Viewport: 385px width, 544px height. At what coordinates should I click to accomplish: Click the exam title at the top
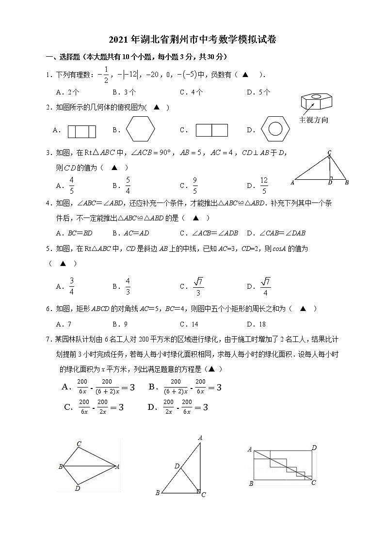pyautogui.click(x=192, y=40)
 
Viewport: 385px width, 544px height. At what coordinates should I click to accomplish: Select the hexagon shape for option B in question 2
pyautogui.click(x=140, y=130)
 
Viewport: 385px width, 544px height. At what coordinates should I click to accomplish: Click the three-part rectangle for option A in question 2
pyautogui.click(x=81, y=131)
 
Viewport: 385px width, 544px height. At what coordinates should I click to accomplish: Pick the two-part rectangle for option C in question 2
pyautogui.click(x=211, y=130)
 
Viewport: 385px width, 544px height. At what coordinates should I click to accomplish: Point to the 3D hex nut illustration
pyautogui.click(x=315, y=103)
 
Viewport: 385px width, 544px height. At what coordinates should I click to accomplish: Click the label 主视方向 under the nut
pyautogui.click(x=314, y=120)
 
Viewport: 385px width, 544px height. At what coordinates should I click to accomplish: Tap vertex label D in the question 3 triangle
pyautogui.click(x=330, y=183)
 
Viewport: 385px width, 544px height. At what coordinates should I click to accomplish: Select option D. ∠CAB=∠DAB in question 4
pyautogui.click(x=276, y=233)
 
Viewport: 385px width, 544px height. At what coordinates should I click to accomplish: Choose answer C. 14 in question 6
pyautogui.click(x=189, y=324)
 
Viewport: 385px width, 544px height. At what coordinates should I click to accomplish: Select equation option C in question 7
pyautogui.click(x=94, y=407)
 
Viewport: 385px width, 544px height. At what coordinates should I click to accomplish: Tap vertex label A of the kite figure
pyautogui.click(x=117, y=467)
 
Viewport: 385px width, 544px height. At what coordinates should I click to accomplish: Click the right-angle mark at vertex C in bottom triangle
pyautogui.click(x=199, y=491)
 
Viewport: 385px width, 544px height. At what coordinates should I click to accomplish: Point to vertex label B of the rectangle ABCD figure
pyautogui.click(x=251, y=483)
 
